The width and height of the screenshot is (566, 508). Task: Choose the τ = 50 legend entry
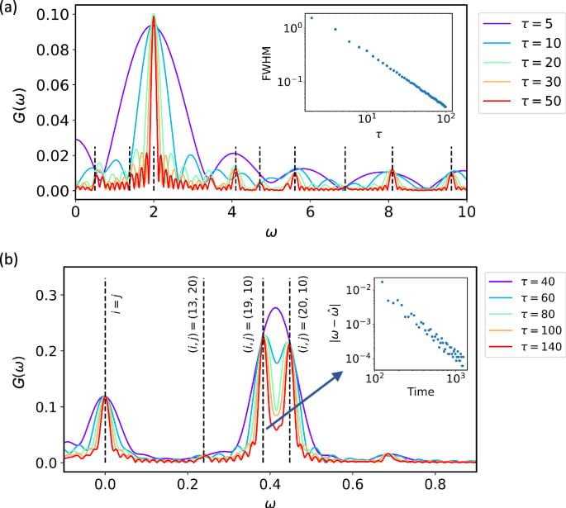coord(521,101)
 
